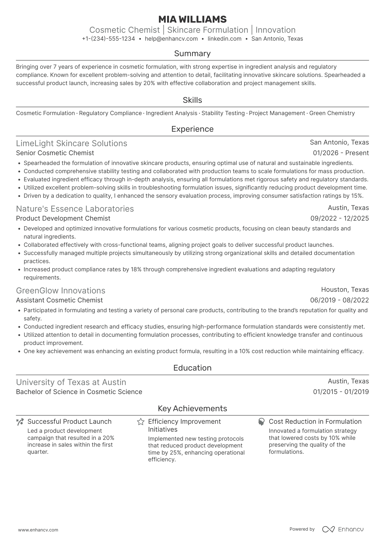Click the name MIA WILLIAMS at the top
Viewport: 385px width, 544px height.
192,19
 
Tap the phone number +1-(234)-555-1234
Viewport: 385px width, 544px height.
108,39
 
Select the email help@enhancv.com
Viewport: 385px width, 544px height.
171,39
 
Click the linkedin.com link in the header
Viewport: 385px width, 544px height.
224,39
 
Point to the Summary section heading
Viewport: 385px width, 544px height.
192,53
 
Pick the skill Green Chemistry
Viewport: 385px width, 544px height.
332,113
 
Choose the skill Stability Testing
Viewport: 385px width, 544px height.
223,113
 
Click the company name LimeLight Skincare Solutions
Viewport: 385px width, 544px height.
72,143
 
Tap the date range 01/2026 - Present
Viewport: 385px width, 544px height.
341,153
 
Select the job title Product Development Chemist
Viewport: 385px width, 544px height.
63,218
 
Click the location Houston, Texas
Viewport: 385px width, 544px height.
345,290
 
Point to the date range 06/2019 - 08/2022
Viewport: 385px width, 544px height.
339,300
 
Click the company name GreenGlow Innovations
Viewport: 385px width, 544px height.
61,291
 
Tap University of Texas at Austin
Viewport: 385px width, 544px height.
71,382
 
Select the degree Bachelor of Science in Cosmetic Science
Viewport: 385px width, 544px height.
79,392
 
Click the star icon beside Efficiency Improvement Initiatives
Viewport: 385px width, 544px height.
141,422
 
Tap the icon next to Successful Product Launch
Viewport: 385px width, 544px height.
20,422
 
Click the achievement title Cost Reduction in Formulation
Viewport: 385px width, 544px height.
315,422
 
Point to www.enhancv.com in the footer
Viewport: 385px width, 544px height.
38,530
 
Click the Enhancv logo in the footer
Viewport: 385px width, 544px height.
343,529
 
